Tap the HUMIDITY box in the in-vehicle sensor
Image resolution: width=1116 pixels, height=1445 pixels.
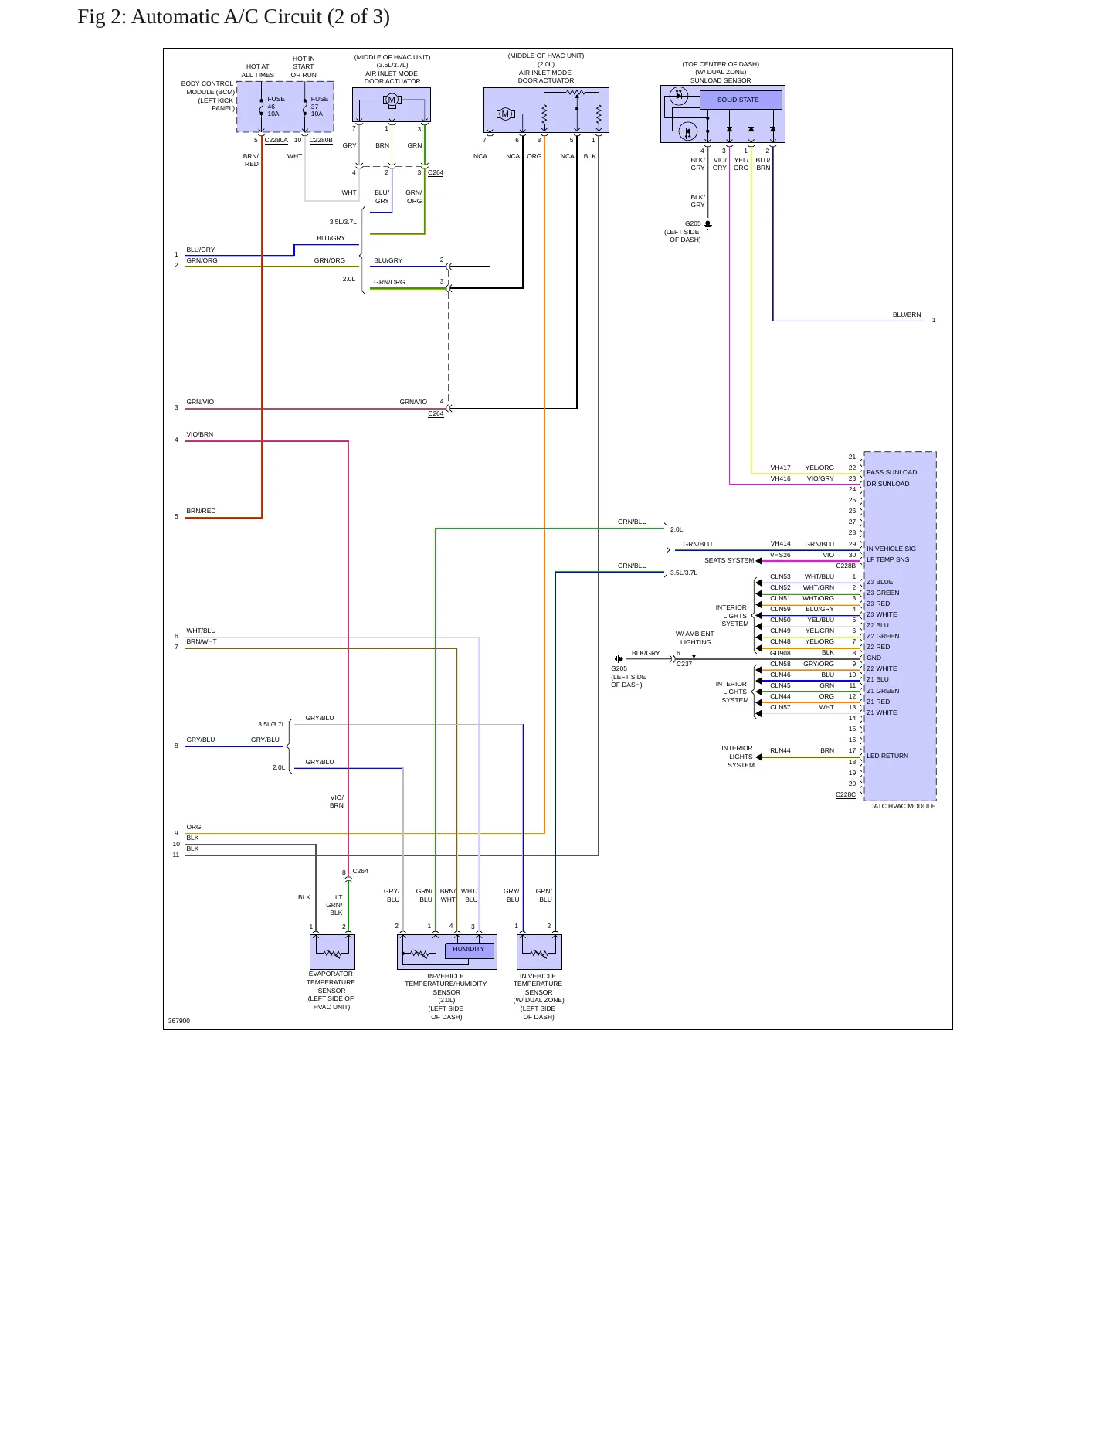pos(470,950)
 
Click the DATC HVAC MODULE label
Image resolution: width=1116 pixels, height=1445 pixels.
pos(902,806)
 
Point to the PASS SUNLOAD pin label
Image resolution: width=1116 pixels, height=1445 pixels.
pos(891,472)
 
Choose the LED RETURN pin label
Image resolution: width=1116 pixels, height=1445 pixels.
pos(887,756)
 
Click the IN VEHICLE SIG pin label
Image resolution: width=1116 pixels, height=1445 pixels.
pos(891,549)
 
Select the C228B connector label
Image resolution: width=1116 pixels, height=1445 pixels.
pos(846,566)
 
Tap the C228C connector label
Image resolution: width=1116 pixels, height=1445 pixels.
pos(846,794)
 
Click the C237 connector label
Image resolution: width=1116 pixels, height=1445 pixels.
pos(684,664)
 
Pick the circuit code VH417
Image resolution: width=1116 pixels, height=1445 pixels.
pos(780,467)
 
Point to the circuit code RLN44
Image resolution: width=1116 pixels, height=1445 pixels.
pos(780,750)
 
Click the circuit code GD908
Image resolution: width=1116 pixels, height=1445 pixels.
pos(780,653)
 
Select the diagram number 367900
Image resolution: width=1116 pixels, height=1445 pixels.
pos(179,1021)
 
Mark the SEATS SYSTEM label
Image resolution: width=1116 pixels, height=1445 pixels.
pos(729,560)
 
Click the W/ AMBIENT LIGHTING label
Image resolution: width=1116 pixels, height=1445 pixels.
pos(695,638)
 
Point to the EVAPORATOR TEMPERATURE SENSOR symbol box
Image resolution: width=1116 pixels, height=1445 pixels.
pos(332,952)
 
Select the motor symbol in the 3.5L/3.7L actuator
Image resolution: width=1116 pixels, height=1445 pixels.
pos(392,100)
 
